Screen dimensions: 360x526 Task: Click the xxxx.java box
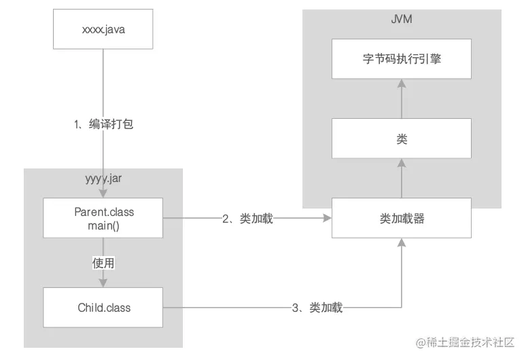pos(103,29)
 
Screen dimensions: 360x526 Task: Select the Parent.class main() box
pos(103,218)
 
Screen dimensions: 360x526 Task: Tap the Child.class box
pos(103,308)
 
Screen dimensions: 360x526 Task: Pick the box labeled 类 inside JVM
pos(402,139)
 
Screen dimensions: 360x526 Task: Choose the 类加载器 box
pos(402,218)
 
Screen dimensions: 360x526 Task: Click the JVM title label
pos(402,19)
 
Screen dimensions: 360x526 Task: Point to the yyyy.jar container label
pos(103,179)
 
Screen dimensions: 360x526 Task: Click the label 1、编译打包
pos(103,124)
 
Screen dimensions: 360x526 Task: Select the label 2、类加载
pos(247,218)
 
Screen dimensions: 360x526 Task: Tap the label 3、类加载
pos(317,308)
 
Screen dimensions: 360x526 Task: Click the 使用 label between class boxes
pos(103,262)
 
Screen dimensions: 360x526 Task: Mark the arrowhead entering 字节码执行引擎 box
pos(402,83)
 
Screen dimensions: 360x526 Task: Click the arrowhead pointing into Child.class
pos(103,283)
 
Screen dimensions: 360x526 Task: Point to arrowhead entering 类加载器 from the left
pos(327,218)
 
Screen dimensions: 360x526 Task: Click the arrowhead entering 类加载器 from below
pos(402,243)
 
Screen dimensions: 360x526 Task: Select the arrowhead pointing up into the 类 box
pos(402,163)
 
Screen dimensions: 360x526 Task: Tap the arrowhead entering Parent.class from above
pos(103,194)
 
